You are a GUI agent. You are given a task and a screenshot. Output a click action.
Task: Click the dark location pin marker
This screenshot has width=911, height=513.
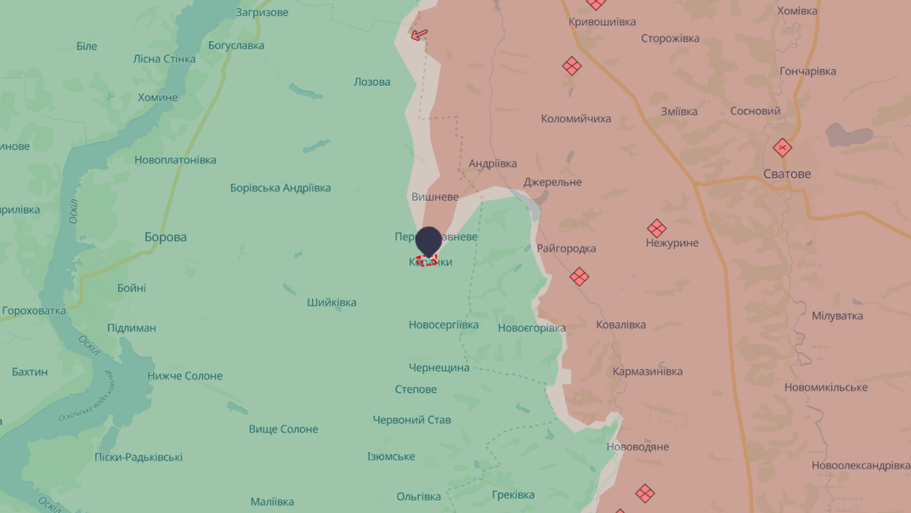(428, 241)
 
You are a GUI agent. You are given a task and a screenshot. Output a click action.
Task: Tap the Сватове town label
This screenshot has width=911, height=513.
(786, 174)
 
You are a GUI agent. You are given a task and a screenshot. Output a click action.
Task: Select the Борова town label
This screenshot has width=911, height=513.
(166, 237)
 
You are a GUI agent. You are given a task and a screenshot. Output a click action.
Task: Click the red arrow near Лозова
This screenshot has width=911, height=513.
(419, 35)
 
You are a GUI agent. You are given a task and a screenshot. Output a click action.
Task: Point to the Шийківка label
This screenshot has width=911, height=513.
(331, 303)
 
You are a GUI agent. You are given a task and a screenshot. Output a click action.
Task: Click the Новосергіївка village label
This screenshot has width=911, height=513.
(444, 325)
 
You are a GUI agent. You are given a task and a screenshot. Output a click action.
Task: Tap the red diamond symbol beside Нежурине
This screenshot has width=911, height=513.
(656, 228)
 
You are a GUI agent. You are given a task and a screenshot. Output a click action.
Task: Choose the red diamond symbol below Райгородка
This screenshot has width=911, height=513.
(579, 276)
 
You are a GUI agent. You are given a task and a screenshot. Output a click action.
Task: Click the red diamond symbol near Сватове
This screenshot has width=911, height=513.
(782, 148)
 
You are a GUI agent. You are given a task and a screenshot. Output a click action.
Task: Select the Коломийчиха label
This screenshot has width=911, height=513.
(575, 119)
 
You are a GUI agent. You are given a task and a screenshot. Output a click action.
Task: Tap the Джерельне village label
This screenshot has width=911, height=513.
(552, 182)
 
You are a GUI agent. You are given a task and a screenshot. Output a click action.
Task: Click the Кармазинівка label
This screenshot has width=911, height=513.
(648, 372)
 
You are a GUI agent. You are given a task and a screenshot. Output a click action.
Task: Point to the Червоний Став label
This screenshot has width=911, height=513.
(412, 420)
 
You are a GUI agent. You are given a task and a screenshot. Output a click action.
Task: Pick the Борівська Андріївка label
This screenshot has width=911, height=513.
(280, 188)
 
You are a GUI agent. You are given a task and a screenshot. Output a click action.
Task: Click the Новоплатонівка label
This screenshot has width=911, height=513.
(175, 160)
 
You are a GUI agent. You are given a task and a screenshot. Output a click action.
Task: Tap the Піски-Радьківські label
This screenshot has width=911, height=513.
(139, 458)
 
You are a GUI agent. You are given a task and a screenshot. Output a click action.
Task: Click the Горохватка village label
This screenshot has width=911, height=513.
(34, 311)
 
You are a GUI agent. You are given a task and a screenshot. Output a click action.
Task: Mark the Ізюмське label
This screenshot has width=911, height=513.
(391, 457)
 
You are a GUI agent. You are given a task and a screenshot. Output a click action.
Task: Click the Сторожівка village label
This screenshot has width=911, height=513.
(671, 39)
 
